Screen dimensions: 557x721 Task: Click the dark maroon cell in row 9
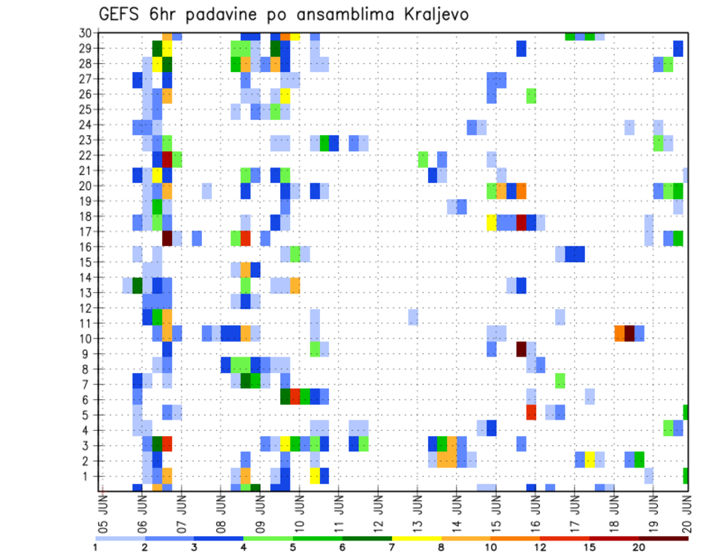click(x=521, y=349)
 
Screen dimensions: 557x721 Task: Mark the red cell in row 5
click(x=531, y=412)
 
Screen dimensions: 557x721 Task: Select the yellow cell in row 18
click(x=492, y=222)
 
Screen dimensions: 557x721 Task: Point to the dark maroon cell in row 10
click(x=629, y=333)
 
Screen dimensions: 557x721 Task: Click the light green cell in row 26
click(x=531, y=95)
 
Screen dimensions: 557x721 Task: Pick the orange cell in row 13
click(x=294, y=285)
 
